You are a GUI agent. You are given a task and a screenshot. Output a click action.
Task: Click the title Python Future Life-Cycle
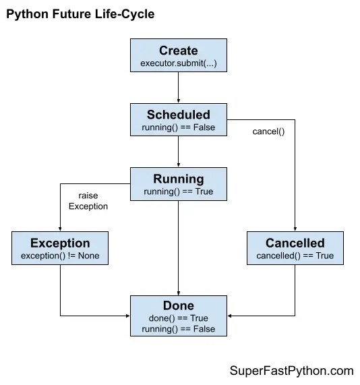[x=80, y=14]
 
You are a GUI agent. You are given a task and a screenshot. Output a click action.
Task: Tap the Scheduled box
[x=179, y=120]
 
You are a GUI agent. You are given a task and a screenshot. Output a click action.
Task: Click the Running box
[x=179, y=184]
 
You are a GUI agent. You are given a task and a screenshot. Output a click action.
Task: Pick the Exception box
[x=60, y=247]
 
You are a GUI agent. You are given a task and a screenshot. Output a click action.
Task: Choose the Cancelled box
[x=295, y=247]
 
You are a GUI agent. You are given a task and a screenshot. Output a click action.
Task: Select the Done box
[x=179, y=315]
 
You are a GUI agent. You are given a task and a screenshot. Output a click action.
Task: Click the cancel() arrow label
[x=268, y=131]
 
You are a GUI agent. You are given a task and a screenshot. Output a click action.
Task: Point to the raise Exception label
[x=88, y=201]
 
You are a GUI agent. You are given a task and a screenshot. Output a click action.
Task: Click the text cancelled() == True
[x=295, y=256]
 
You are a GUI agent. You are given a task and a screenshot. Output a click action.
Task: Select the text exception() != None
[x=60, y=256]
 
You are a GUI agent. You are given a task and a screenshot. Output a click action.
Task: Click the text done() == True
[x=179, y=318]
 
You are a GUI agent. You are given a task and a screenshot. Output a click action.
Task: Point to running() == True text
[x=179, y=192]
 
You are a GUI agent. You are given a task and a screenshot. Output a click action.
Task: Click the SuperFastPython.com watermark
[x=291, y=371]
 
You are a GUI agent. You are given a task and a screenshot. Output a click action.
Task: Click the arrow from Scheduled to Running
[x=179, y=152]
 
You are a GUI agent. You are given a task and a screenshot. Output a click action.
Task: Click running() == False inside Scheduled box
[x=179, y=128]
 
